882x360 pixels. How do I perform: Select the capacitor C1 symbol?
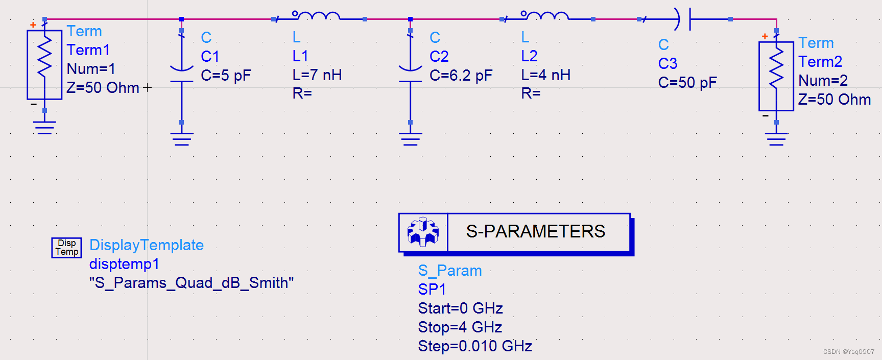click(181, 75)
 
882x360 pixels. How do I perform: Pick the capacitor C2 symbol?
click(410, 75)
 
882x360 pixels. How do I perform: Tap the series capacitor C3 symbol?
click(684, 19)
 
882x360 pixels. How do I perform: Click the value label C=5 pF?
click(226, 76)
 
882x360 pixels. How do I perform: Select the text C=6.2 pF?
click(461, 76)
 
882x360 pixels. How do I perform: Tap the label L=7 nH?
click(317, 75)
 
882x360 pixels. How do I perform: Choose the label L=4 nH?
click(545, 75)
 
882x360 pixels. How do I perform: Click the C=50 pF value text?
click(687, 83)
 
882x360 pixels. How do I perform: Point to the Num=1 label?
click(91, 68)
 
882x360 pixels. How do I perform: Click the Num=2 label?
click(823, 81)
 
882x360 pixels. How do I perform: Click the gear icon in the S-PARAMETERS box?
click(423, 232)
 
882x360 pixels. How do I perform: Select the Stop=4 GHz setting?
click(460, 327)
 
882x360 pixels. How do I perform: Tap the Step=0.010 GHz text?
click(475, 346)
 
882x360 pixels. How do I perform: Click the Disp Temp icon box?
click(67, 248)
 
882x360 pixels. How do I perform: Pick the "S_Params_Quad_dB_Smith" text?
click(192, 283)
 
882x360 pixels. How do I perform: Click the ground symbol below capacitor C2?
click(410, 138)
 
